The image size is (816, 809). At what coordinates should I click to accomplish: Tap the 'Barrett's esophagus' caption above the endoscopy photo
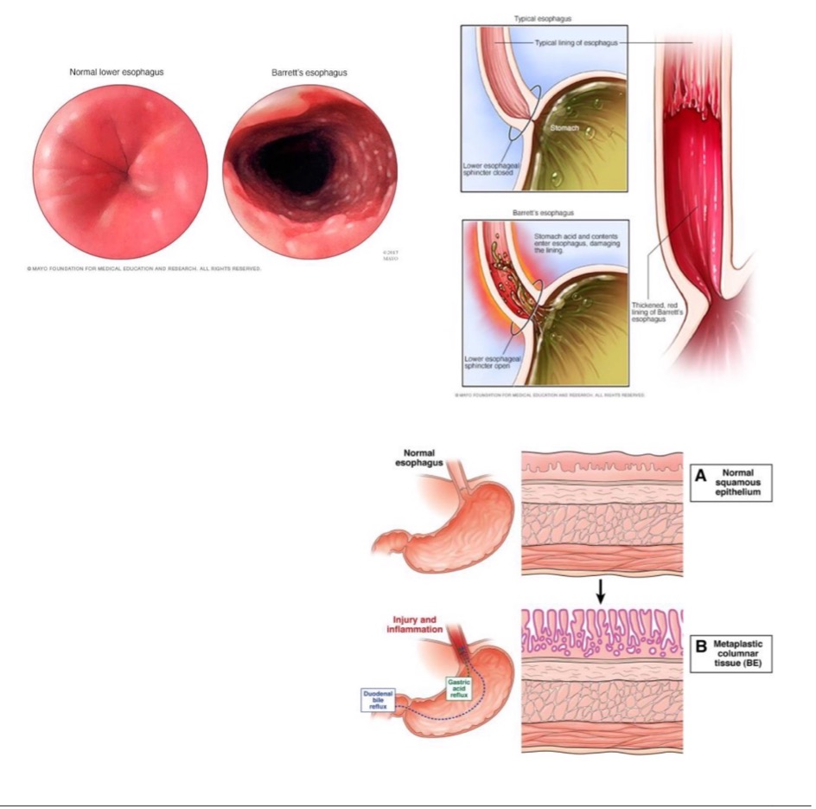click(309, 73)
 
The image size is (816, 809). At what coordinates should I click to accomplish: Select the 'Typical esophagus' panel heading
click(542, 18)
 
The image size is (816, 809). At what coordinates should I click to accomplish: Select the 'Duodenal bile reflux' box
click(379, 701)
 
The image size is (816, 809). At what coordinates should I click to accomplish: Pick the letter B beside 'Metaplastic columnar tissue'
click(700, 646)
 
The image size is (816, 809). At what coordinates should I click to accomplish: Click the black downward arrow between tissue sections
click(602, 593)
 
